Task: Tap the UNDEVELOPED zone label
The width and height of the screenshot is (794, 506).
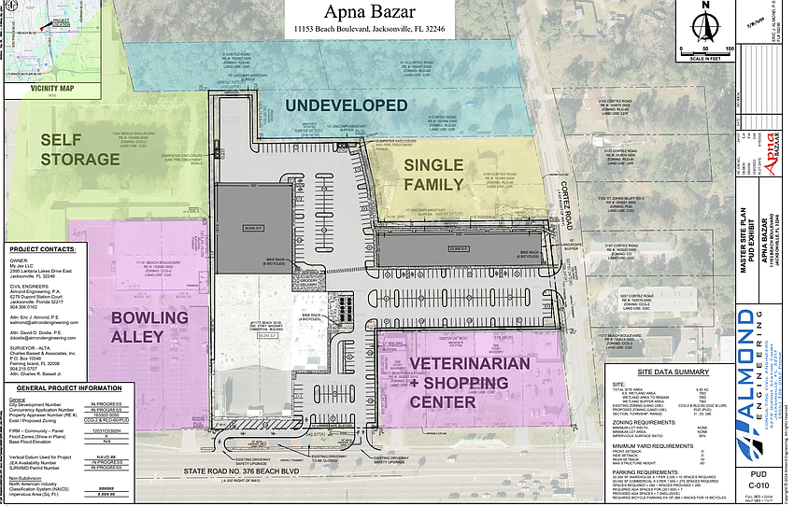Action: click(346, 105)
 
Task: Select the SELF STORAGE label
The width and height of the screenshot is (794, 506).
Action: click(79, 149)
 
